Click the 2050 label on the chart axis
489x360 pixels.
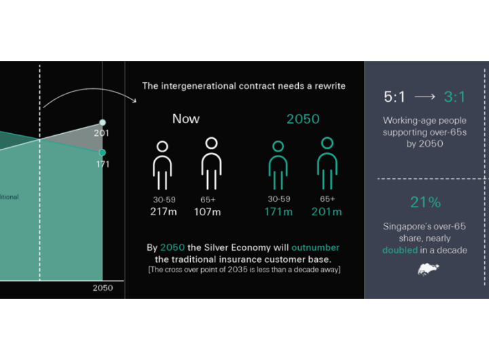click(103, 287)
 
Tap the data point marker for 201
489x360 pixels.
click(103, 122)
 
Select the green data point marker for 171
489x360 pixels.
click(103, 153)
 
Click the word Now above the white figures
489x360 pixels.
click(186, 119)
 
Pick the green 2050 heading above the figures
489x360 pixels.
click(303, 119)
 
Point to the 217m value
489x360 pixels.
click(164, 212)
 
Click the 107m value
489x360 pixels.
click(207, 212)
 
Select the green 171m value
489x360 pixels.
click(278, 212)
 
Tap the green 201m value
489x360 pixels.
click(327, 212)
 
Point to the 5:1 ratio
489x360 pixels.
click(395, 97)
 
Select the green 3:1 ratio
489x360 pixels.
click(454, 97)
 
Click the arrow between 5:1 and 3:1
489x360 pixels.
click(424, 97)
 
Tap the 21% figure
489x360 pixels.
click(425, 202)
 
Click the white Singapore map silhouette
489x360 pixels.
click(428, 270)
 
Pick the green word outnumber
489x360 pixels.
click(315, 248)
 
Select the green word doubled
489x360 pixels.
click(400, 250)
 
